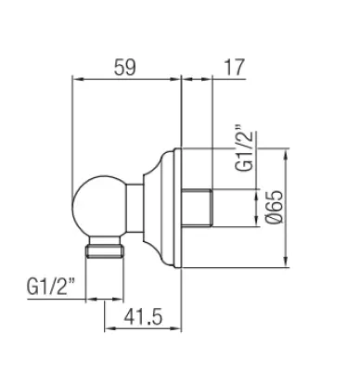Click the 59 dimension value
[x=124, y=67]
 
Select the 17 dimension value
[x=234, y=67]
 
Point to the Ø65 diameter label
[x=274, y=207]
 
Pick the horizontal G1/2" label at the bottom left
[x=51, y=286]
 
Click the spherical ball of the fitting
[x=99, y=206]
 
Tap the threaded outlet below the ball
[x=105, y=248]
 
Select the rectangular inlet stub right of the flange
[x=197, y=208]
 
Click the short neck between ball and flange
[x=135, y=208]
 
